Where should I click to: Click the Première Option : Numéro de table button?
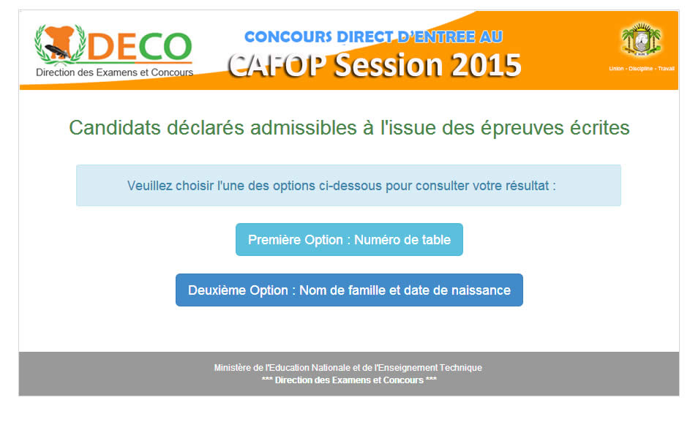pyautogui.click(x=349, y=239)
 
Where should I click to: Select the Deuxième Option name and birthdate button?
pyautogui.click(x=349, y=290)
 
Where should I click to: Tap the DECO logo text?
pyautogui.click(x=140, y=46)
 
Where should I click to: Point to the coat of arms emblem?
pyautogui.click(x=641, y=40)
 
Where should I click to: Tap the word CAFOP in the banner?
pyautogui.click(x=277, y=66)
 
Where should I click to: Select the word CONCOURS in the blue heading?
pyautogui.click(x=288, y=37)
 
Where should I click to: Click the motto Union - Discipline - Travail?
pyautogui.click(x=642, y=69)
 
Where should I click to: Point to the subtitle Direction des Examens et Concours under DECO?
pyautogui.click(x=114, y=72)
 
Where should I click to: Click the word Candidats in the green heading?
pyautogui.click(x=115, y=128)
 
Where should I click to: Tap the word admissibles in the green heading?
pyautogui.click(x=304, y=128)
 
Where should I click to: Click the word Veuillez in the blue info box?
pyautogui.click(x=149, y=186)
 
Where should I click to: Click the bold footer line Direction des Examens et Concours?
pyautogui.click(x=349, y=380)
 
